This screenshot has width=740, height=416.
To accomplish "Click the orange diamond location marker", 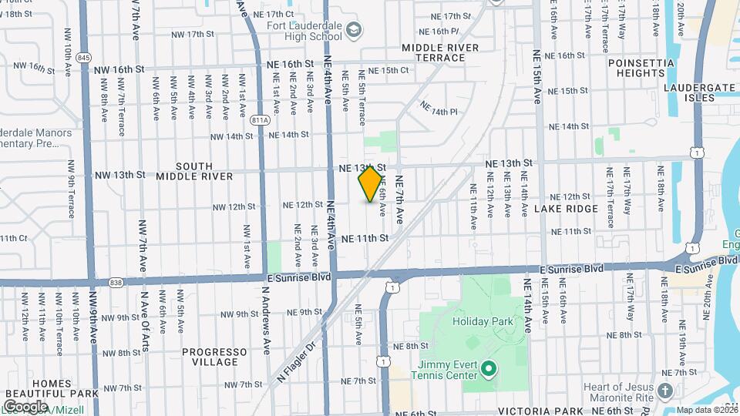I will (370, 184).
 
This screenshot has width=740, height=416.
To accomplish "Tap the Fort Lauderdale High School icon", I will (354, 30).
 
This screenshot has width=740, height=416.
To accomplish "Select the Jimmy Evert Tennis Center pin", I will (487, 371).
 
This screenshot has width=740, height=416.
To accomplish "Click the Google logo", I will (25, 406).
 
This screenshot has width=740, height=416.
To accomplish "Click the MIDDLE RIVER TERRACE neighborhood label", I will (440, 52).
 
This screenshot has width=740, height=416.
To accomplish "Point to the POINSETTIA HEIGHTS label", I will (641, 68).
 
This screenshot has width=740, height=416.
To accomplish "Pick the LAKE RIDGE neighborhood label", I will (570, 209).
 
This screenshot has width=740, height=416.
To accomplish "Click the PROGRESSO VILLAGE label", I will (210, 357).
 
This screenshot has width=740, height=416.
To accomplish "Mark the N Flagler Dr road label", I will (297, 362).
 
